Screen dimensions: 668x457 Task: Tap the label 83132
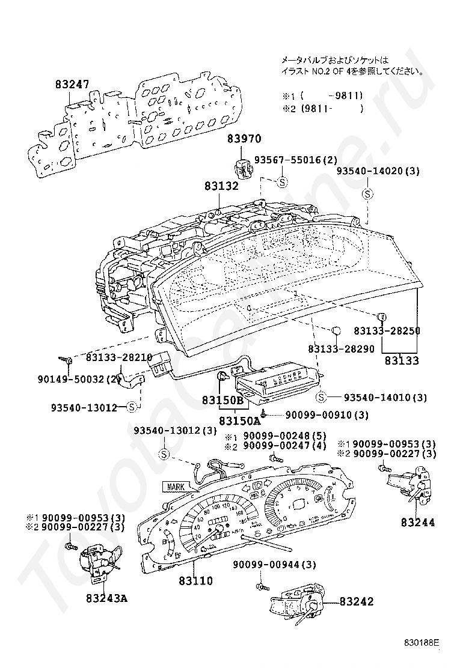[222, 187]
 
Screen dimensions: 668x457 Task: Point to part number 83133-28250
[386, 331]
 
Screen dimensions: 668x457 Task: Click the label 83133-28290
[340, 349]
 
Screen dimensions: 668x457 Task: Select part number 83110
[195, 581]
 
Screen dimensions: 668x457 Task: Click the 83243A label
[106, 598]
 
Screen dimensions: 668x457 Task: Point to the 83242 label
[356, 601]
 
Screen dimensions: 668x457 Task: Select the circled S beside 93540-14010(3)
[321, 397]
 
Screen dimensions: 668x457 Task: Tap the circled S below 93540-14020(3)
[368, 194]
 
